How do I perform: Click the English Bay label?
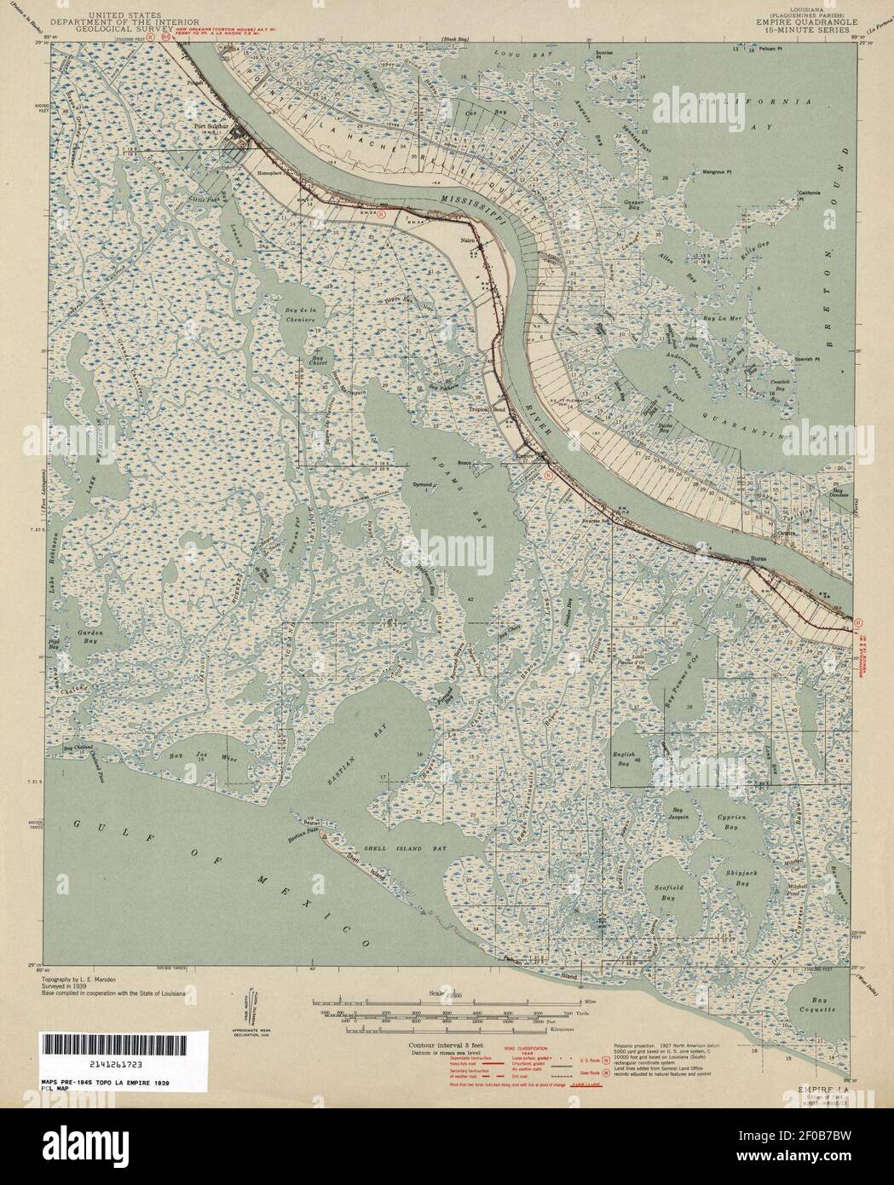point(626,760)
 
